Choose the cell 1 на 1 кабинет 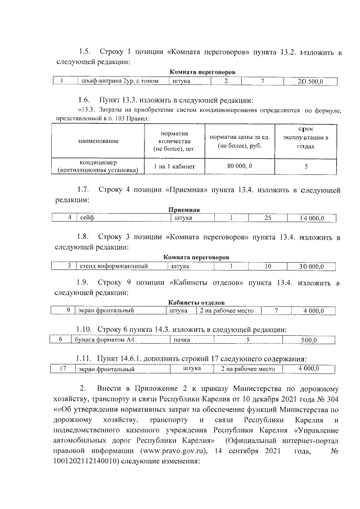point(171,166)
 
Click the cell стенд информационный point(112,265)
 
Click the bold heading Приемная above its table point(184,210)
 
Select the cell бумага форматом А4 point(103,340)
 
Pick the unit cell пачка point(181,340)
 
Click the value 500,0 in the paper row point(309,340)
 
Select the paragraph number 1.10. point(83,328)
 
